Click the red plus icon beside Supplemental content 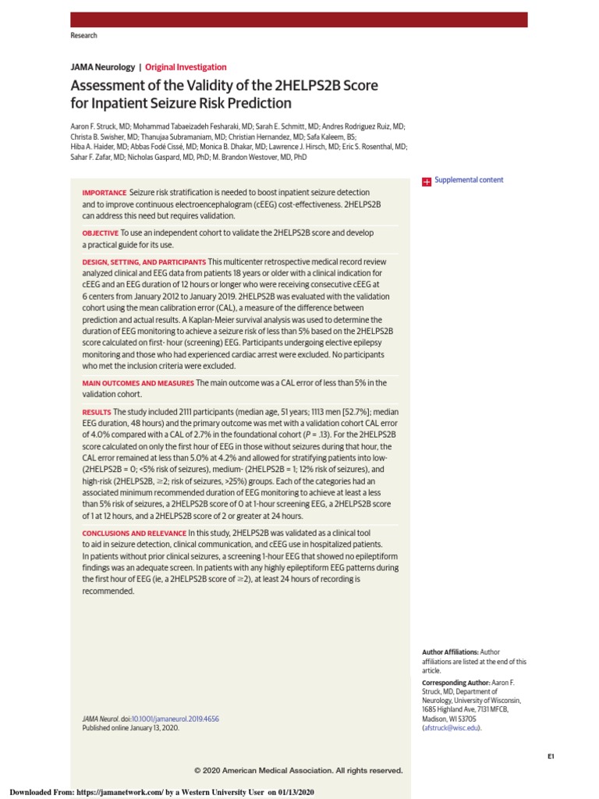pos(427,181)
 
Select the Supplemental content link pos(469,180)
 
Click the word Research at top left pos(83,36)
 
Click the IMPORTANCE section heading pos(105,193)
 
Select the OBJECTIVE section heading pos(101,233)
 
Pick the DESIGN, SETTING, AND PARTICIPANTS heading pos(144,262)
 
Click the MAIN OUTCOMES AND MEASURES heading pos(138,383)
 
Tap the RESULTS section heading pos(97,412)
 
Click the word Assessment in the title pos(104,86)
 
